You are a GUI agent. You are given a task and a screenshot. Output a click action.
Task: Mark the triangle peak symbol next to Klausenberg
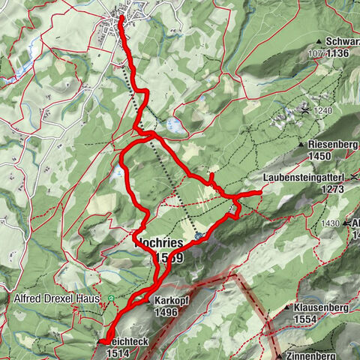coord(288,307)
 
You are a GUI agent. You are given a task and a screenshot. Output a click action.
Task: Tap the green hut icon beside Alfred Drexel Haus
coord(111,298)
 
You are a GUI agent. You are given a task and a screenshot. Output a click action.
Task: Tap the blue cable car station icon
coord(198,235)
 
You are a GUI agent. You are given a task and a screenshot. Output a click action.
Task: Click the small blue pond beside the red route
coord(174,124)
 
